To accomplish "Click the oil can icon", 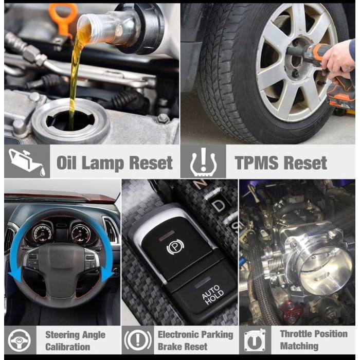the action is (27, 163).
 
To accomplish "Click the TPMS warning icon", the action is (204, 162).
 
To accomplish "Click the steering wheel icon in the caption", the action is (20, 340).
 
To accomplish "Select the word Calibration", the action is (67, 347).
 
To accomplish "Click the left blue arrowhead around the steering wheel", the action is (15, 277).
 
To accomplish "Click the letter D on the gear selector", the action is (219, 205).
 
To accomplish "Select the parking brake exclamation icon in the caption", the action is (138, 340).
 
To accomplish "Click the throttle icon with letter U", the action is (255, 340).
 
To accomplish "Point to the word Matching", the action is (299, 346).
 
